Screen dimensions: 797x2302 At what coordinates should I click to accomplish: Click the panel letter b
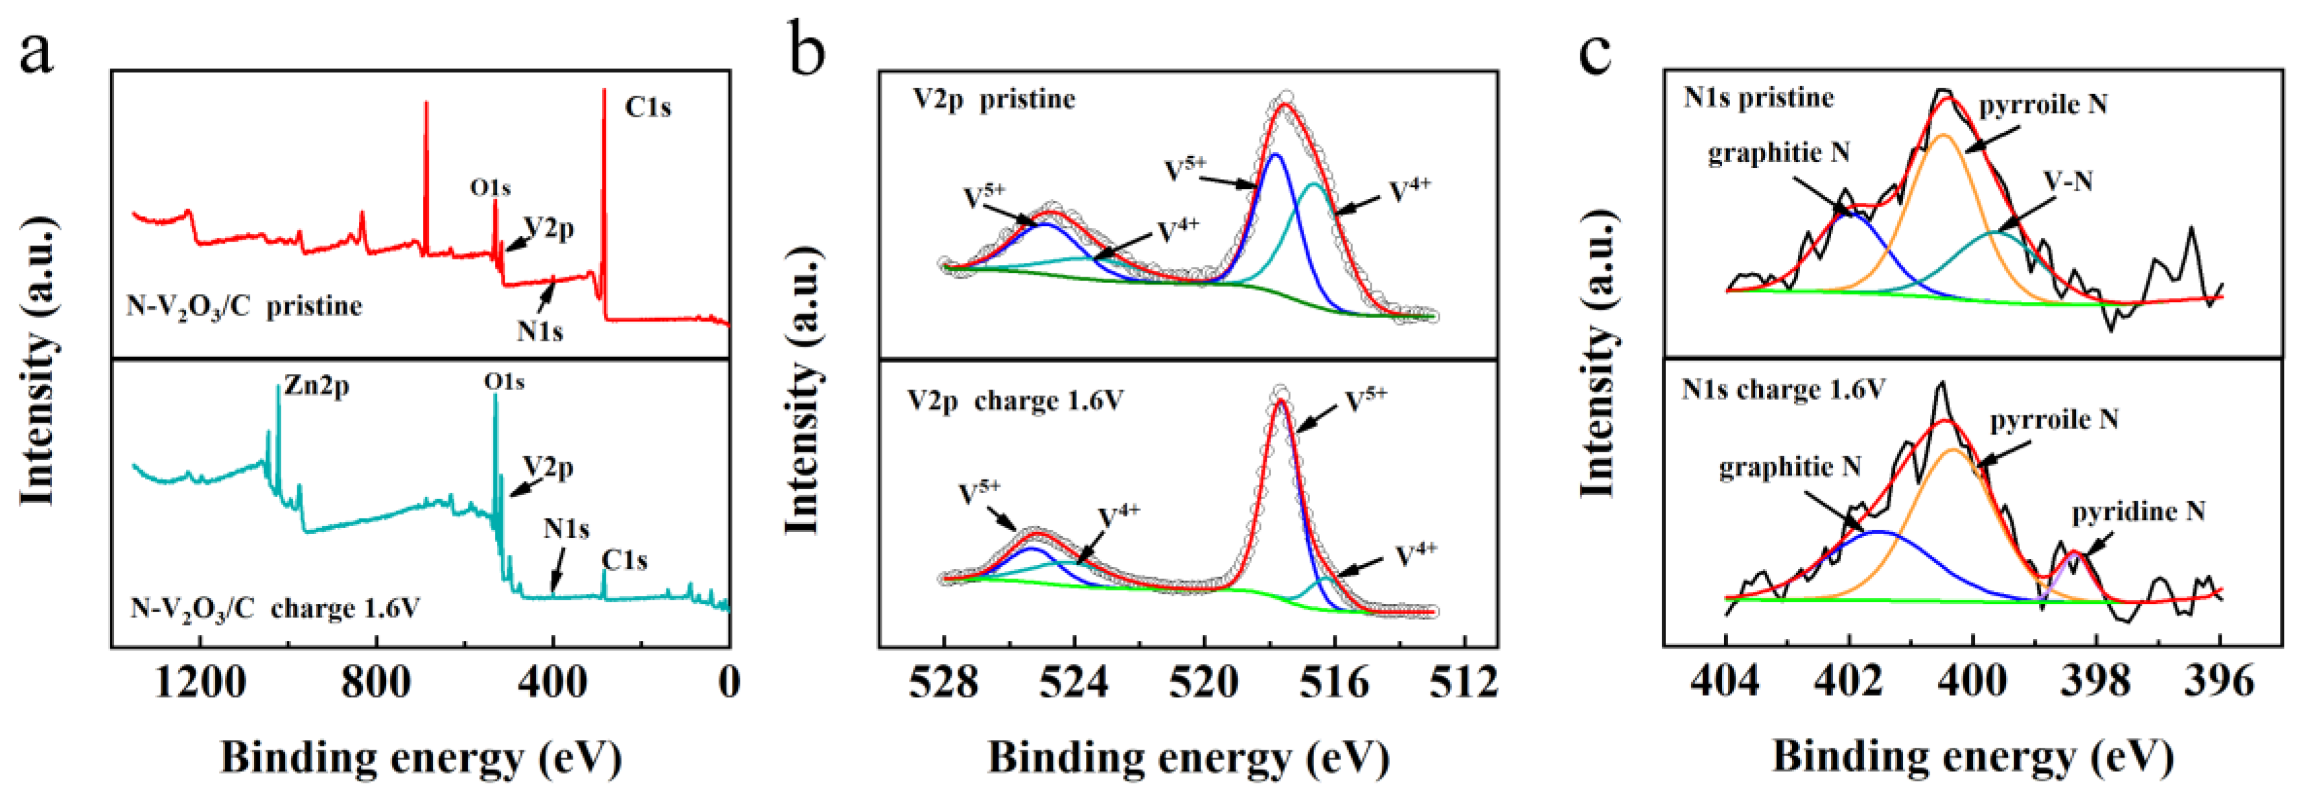coord(807,52)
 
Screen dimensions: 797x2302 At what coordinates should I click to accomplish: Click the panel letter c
coord(1595,52)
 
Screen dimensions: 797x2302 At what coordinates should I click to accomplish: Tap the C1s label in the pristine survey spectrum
coord(648,107)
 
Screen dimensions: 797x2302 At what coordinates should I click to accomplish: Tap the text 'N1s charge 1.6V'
coord(1784,391)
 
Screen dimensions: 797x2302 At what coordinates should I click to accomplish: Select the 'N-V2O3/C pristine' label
coord(244,307)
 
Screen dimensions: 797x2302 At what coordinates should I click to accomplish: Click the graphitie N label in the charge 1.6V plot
coord(1790,467)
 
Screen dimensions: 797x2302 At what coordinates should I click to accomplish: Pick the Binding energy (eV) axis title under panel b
coord(1188,757)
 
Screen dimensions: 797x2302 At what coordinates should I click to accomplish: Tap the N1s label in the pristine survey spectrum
coord(540,332)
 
